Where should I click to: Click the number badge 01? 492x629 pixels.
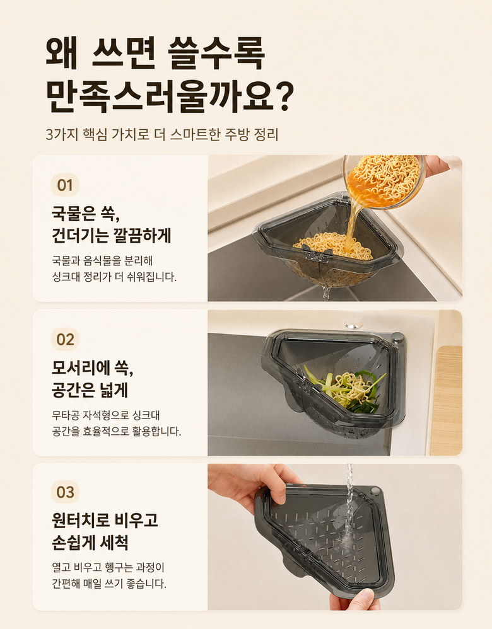coord(65,185)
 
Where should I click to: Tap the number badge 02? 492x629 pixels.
coord(65,339)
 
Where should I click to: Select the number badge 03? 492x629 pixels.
coord(65,492)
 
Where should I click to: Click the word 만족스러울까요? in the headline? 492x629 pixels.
coord(170,96)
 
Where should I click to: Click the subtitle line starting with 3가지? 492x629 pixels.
coord(162,134)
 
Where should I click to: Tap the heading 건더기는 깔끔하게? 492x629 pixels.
coord(111,236)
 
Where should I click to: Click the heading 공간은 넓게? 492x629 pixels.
coord(90,390)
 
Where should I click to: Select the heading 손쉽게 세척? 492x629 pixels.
coord(90,543)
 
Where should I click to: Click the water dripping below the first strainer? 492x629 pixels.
coord(325,293)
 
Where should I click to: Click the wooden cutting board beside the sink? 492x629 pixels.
coord(447,400)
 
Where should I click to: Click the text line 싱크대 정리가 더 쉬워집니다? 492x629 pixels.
coord(114,277)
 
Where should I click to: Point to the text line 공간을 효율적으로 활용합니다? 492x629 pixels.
coord(117,431)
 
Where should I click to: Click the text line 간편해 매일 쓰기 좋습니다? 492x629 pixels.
coord(109,584)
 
